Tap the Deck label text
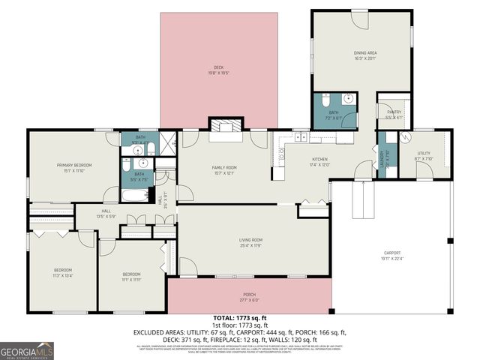point(218,70)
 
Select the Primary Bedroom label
point(73,168)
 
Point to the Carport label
point(392,256)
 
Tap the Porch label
point(249,297)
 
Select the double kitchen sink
point(301,136)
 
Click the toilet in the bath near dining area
point(325,100)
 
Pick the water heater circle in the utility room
point(406,137)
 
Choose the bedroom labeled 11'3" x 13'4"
point(62,272)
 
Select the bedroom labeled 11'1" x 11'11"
point(132,277)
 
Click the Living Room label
point(250,242)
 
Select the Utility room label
point(424,156)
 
